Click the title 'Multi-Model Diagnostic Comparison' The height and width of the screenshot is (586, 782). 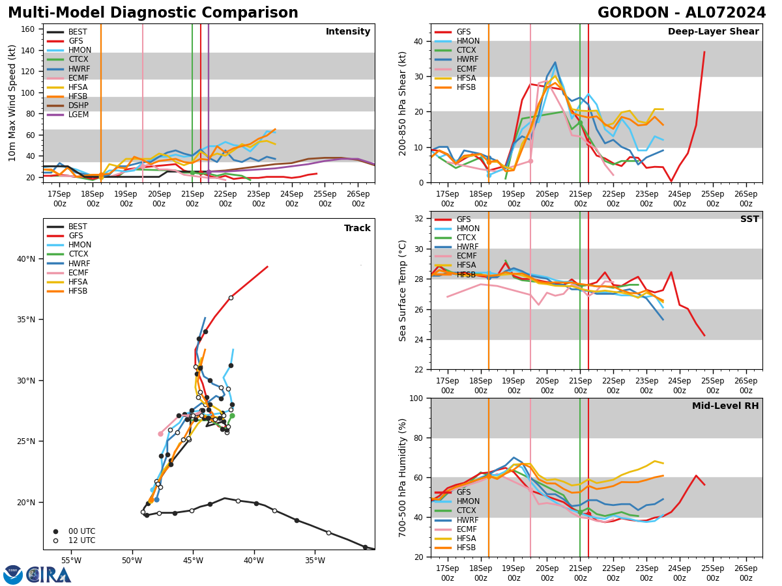point(153,13)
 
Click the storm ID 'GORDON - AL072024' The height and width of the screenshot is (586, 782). point(682,13)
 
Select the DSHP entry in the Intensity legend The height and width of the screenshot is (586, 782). point(78,105)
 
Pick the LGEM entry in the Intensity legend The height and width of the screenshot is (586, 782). point(78,115)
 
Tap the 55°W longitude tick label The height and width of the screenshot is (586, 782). point(71,561)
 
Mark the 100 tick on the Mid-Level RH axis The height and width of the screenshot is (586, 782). point(417,398)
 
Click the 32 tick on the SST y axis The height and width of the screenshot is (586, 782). point(420,219)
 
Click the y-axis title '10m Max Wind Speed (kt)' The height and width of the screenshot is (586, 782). point(12,103)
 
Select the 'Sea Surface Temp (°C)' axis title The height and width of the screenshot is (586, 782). point(403,290)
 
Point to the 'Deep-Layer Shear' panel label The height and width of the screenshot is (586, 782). point(713,32)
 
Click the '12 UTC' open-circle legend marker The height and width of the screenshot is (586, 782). point(55,540)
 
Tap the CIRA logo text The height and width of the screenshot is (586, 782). point(49,574)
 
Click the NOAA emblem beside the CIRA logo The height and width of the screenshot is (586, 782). point(13,574)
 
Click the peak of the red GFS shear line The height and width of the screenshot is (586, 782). point(704,52)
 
